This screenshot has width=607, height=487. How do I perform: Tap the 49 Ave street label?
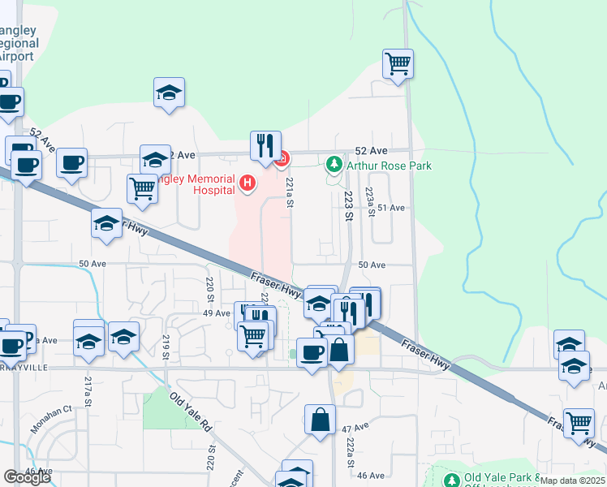[x=217, y=312]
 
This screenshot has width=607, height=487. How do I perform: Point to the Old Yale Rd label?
[x=190, y=412]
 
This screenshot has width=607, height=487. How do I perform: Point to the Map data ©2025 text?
[x=571, y=481]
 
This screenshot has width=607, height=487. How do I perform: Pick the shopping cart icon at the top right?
[x=398, y=63]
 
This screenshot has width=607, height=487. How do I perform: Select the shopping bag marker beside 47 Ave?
[x=321, y=420]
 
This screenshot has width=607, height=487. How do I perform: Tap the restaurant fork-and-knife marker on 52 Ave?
[x=265, y=145]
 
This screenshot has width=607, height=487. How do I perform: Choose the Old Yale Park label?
[x=496, y=477]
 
